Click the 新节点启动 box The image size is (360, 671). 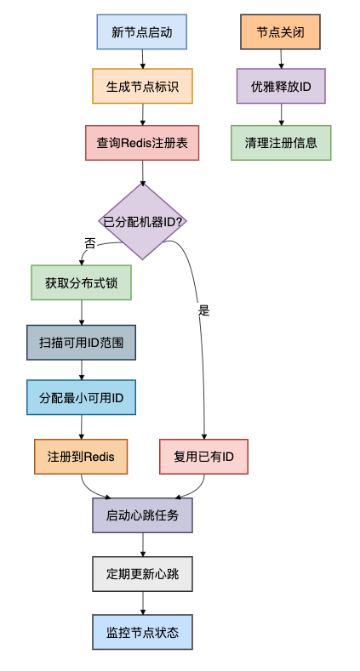coord(141,32)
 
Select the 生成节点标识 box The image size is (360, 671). coord(142,86)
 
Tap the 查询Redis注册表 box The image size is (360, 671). coord(142,143)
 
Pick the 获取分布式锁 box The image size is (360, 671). coord(82,281)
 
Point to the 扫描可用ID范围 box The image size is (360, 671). coord(82,343)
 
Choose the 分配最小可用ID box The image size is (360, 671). coord(82,397)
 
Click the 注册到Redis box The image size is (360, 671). coord(82,457)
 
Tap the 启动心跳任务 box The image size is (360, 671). coord(142,515)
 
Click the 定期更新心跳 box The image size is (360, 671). coord(142,574)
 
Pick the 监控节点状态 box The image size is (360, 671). coord(142,633)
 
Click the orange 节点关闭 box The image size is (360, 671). coord(281,32)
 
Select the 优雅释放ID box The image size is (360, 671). coord(281,86)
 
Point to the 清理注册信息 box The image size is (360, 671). coord(281,143)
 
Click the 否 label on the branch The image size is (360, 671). coord(90,242)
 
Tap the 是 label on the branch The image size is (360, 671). coord(203,310)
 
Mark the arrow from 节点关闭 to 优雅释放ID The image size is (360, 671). coord(281,59)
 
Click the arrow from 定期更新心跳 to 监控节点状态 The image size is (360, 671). coord(142,603)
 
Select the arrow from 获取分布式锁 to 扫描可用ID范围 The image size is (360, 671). coord(82,312)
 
